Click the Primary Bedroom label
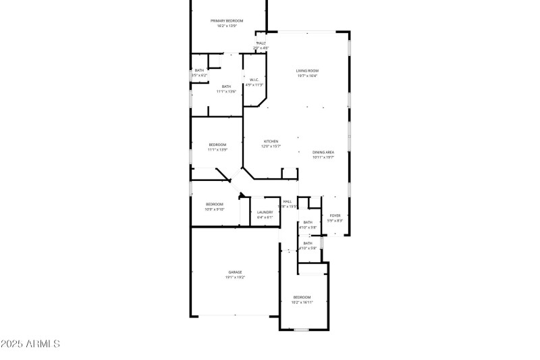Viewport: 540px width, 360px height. click(x=227, y=21)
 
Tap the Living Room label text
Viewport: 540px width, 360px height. click(x=307, y=70)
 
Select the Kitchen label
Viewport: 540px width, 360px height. click(x=271, y=141)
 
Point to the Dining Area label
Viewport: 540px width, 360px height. click(x=323, y=153)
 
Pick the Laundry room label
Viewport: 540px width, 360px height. click(x=265, y=212)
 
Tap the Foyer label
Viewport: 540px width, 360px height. click(x=335, y=215)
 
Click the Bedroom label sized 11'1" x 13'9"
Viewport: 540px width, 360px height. click(x=217, y=145)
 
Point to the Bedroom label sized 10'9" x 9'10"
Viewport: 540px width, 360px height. click(x=214, y=204)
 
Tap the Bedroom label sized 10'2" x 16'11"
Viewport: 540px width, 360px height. click(x=302, y=297)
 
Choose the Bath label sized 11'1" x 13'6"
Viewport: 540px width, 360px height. click(x=226, y=86)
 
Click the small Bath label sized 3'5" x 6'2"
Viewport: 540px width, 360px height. click(x=199, y=70)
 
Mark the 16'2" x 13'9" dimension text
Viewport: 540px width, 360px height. click(x=227, y=26)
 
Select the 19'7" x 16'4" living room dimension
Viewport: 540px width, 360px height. click(x=307, y=76)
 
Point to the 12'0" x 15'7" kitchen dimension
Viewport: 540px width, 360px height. click(x=271, y=146)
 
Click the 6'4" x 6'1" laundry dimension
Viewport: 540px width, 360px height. click(x=265, y=217)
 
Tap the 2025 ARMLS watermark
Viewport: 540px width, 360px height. click(x=30, y=344)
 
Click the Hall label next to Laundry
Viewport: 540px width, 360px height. click(x=288, y=201)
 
